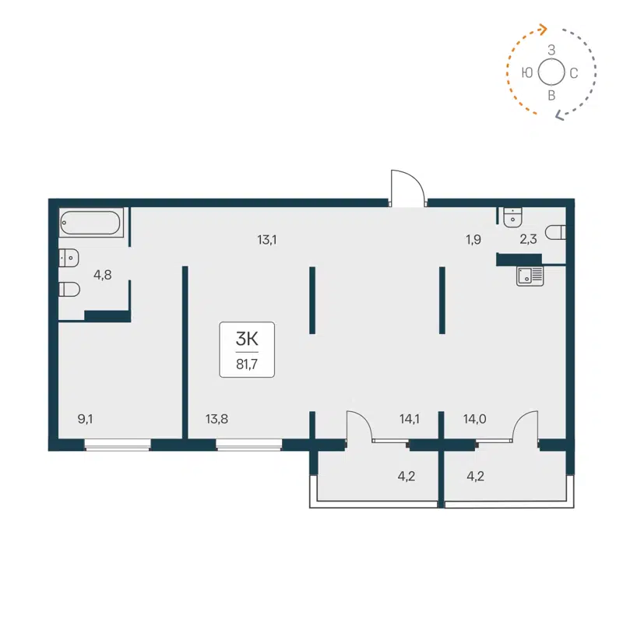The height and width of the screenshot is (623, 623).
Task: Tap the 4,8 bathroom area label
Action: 102,274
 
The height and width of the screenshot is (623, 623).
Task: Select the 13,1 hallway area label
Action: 267,240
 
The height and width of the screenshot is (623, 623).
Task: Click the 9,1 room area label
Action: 86,419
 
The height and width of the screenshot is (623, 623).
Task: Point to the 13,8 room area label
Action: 216,419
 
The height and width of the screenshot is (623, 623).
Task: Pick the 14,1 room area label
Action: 410,419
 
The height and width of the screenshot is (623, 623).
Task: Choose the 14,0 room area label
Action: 475,419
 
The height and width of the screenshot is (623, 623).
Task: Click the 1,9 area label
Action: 473,240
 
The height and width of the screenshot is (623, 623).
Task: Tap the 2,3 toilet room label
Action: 527,240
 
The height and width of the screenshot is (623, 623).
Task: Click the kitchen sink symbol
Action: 530,275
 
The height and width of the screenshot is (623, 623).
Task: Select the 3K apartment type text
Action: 247,338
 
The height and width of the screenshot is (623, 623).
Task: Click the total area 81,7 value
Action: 247,362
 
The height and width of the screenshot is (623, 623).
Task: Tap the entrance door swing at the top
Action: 407,188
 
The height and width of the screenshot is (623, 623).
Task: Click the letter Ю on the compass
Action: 527,73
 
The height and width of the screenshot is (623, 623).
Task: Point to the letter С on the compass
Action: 574,74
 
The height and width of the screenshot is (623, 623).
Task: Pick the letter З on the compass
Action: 551,50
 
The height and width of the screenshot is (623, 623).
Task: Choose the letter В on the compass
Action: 551,96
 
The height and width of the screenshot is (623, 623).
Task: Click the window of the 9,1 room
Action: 117,445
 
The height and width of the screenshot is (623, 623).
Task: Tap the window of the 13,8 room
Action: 248,445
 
